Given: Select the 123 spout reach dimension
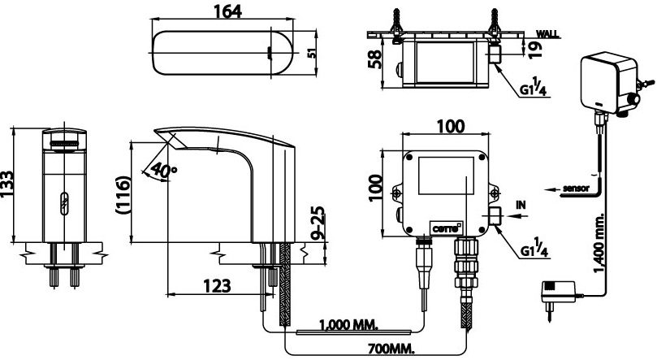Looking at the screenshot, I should pyautogui.click(x=215, y=285).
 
